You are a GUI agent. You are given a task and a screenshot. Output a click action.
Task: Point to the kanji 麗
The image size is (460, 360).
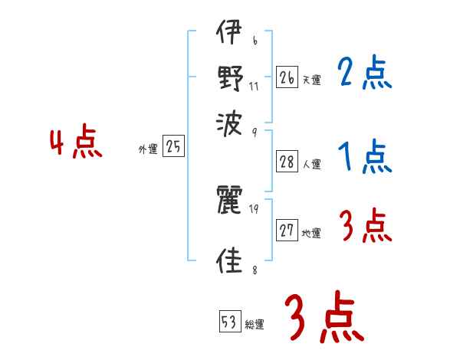230,200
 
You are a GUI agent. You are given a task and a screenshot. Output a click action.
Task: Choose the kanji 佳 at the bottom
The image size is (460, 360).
230,260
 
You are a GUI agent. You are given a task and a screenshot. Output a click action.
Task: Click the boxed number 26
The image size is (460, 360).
287,77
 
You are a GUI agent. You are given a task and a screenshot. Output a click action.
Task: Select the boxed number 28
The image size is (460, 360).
287,161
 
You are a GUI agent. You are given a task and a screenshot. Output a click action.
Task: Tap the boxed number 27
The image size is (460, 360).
287,231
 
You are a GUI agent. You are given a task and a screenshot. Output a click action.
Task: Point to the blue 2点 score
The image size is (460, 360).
364,75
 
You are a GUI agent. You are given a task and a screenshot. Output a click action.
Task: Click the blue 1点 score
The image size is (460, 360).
364,159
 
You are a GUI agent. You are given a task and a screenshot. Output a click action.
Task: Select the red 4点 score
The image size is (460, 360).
76,143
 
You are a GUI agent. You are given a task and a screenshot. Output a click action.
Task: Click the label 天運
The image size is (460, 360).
311,80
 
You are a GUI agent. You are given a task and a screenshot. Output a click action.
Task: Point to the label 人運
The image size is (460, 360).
311,164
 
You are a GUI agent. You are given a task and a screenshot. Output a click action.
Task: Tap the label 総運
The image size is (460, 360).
255,325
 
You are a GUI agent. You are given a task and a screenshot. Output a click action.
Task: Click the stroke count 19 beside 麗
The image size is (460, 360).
254,209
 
